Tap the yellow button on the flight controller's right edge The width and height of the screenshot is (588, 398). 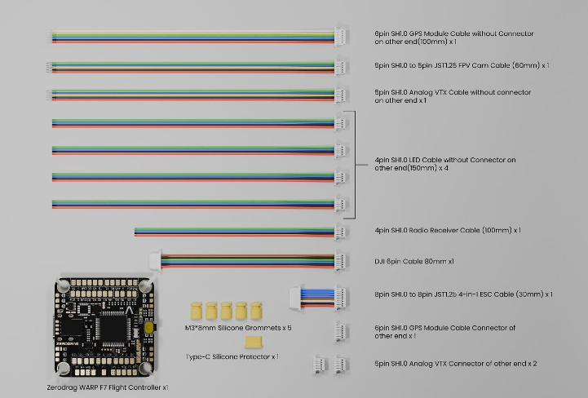pyautogui.click(x=152, y=327)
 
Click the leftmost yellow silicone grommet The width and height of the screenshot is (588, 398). pyautogui.click(x=196, y=311)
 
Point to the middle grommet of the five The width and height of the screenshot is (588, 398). pyautogui.click(x=224, y=311)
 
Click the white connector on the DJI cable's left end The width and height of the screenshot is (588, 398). pyautogui.click(x=154, y=261)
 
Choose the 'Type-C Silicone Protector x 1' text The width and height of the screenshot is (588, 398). pyautogui.click(x=232, y=356)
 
